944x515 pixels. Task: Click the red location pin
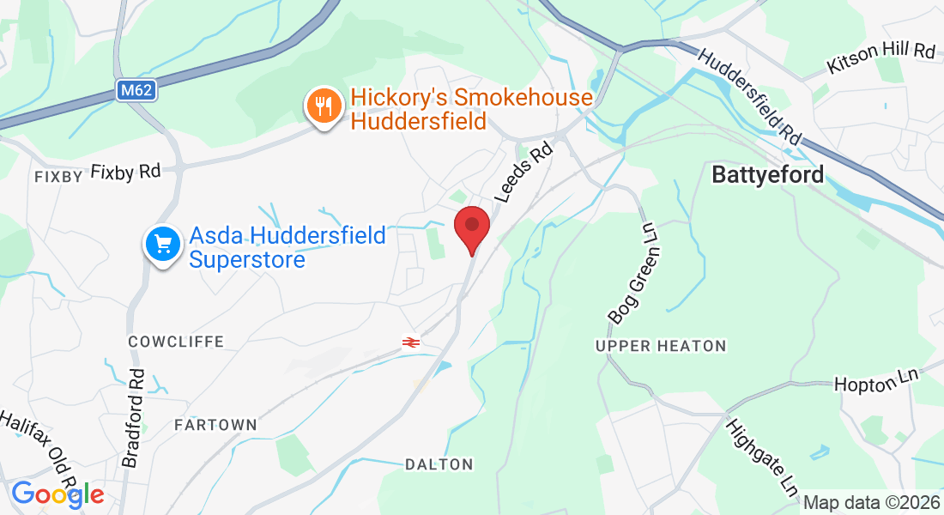pos(471,227)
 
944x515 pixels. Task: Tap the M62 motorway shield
pos(136,90)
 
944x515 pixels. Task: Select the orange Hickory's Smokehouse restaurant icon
pos(323,106)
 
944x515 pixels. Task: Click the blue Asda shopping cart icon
pos(163,245)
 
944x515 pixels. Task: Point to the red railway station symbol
pos(411,342)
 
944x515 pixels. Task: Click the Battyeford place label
pos(768,175)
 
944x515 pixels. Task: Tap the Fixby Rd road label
pos(126,172)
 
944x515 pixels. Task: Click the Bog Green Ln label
pos(638,272)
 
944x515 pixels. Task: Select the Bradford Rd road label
pos(136,418)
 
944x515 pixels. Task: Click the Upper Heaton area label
pos(661,346)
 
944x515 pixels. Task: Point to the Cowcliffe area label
pos(176,342)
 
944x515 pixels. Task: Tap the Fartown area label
pos(215,425)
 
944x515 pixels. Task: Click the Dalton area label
pos(439,464)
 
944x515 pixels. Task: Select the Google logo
pos(57,494)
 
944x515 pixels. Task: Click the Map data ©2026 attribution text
pos(869,502)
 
